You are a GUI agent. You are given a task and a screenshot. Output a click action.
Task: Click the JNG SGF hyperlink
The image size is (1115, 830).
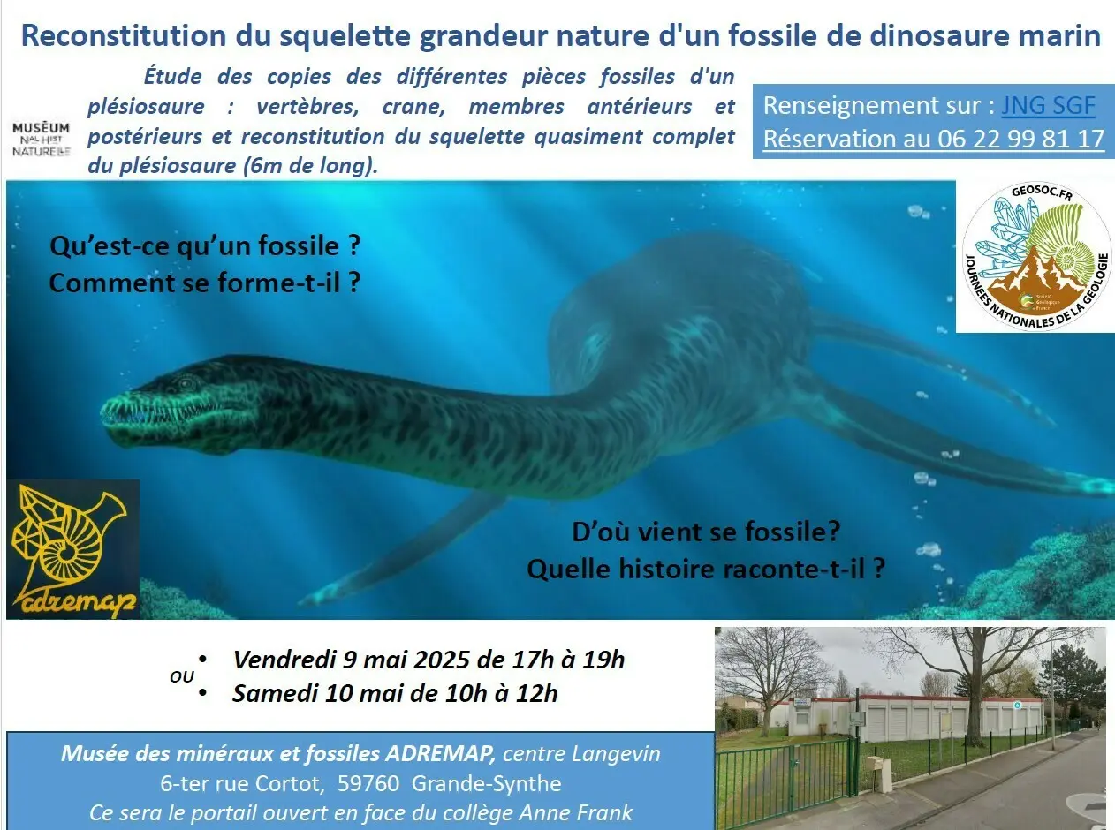[x=1048, y=105]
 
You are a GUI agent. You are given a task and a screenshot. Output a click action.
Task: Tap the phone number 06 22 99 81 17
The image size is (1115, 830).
[x=1020, y=139]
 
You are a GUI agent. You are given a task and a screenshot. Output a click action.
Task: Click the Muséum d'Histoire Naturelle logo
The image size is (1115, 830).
[x=42, y=140]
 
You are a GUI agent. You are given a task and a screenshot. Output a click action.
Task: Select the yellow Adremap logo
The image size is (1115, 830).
[x=73, y=549]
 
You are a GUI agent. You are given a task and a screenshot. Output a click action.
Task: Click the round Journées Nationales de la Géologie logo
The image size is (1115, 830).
[x=1036, y=257]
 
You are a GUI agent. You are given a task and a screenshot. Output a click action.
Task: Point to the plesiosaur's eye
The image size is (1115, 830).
[x=186, y=384]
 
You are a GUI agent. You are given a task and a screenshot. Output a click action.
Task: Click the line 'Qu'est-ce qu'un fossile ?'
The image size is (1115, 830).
[x=205, y=246]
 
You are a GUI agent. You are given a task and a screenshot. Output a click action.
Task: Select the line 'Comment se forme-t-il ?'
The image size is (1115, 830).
[x=205, y=283]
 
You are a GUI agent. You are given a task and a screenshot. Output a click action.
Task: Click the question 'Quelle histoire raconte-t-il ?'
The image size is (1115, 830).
[x=706, y=570]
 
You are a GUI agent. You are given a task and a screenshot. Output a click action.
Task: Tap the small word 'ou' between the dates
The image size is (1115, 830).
[x=181, y=677]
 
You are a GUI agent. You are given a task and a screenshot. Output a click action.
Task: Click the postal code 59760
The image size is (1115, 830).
[x=368, y=784]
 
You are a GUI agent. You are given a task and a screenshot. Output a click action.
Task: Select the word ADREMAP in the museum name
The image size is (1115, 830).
[x=441, y=754]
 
